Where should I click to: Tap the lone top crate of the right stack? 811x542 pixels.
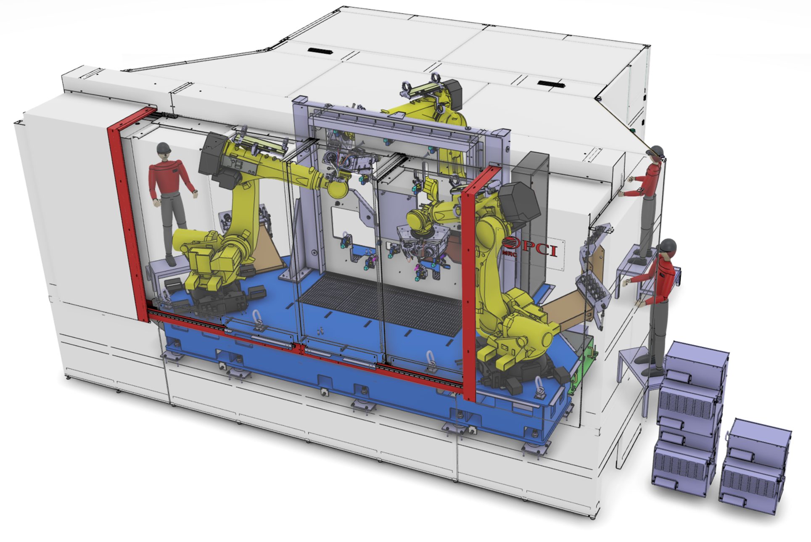pos(759,439)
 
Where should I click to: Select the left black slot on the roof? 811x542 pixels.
pos(319,51)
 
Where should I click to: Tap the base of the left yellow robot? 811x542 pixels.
pos(214,290)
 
